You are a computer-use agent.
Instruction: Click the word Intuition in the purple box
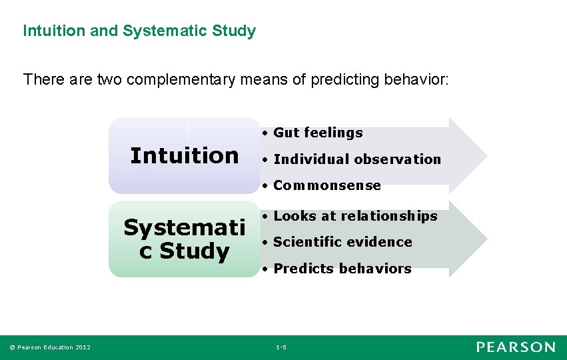pos(185,155)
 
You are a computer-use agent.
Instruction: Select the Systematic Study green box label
pos(185,239)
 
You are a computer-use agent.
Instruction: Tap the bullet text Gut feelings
pos(318,133)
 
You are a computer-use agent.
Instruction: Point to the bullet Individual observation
pos(357,159)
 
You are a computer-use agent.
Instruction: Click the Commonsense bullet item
pos(327,185)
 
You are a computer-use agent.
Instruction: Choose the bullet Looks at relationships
pos(356,216)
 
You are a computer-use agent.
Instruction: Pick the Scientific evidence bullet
pos(342,242)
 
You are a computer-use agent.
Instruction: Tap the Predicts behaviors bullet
pos(342,269)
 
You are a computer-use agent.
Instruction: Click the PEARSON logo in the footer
pos(516,347)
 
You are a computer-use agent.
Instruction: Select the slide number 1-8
pos(281,347)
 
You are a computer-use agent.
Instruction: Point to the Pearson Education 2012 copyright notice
pos(50,347)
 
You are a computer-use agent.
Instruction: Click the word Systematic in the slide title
pos(165,31)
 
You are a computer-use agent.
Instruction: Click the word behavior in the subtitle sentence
pos(414,79)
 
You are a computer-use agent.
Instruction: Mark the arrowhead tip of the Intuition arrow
pos(487,156)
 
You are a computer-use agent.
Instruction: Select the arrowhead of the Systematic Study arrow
pos(468,239)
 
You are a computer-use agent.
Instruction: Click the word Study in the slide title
pos(234,31)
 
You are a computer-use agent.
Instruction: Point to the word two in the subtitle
pos(109,79)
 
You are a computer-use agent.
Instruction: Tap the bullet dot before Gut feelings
pos(265,133)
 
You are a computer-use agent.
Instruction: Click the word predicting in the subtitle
pos(345,80)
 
